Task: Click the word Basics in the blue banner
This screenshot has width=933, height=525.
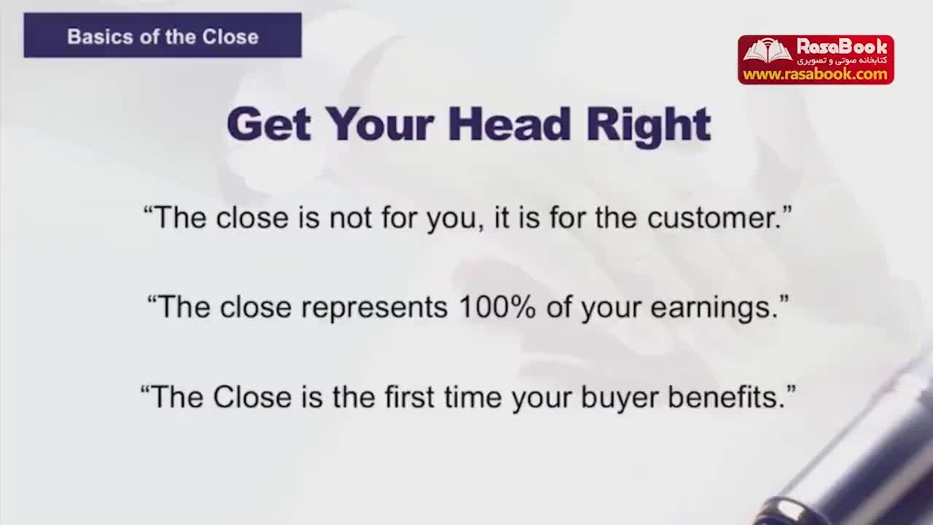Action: [x=101, y=36]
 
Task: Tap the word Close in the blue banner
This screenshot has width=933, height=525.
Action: [x=230, y=36]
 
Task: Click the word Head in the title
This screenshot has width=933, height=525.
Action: [x=509, y=124]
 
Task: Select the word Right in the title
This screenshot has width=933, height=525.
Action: [x=648, y=126]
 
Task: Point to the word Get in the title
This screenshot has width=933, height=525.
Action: [x=269, y=124]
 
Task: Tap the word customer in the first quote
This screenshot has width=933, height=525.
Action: [x=714, y=218]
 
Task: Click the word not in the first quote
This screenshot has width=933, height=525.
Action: [x=351, y=218]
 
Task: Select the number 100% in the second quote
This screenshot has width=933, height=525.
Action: [x=497, y=307]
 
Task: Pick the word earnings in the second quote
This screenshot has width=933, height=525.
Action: [x=714, y=309]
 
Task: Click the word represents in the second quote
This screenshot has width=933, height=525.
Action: [x=375, y=308]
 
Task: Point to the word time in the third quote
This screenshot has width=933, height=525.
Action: [x=473, y=397]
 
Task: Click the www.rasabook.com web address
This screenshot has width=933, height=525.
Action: [x=815, y=74]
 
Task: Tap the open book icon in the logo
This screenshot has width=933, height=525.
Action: [x=768, y=50]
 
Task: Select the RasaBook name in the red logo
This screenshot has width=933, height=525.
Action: [x=842, y=46]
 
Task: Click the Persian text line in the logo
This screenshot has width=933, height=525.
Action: [x=842, y=61]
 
